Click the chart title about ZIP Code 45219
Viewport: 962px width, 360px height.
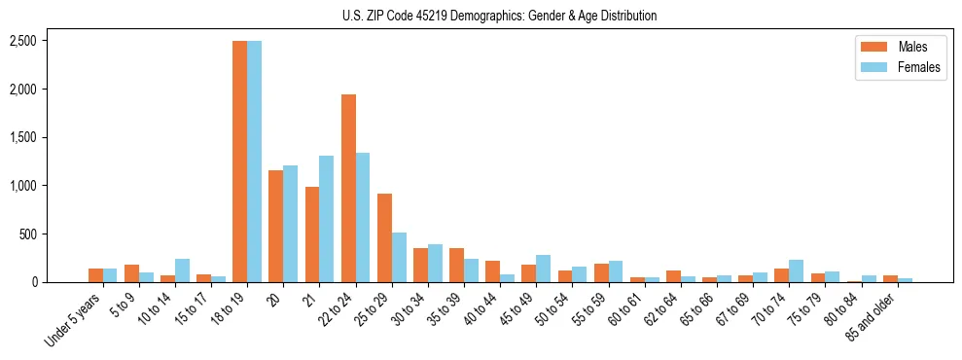click(x=500, y=16)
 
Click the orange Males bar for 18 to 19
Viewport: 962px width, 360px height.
click(x=239, y=162)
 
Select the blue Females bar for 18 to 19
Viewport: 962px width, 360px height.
click(x=254, y=162)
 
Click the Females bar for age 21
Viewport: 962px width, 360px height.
click(x=327, y=219)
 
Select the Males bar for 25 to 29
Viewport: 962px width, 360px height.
click(x=384, y=238)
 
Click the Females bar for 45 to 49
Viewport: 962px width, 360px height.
click(x=544, y=269)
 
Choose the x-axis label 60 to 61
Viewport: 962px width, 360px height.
click(x=621, y=312)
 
